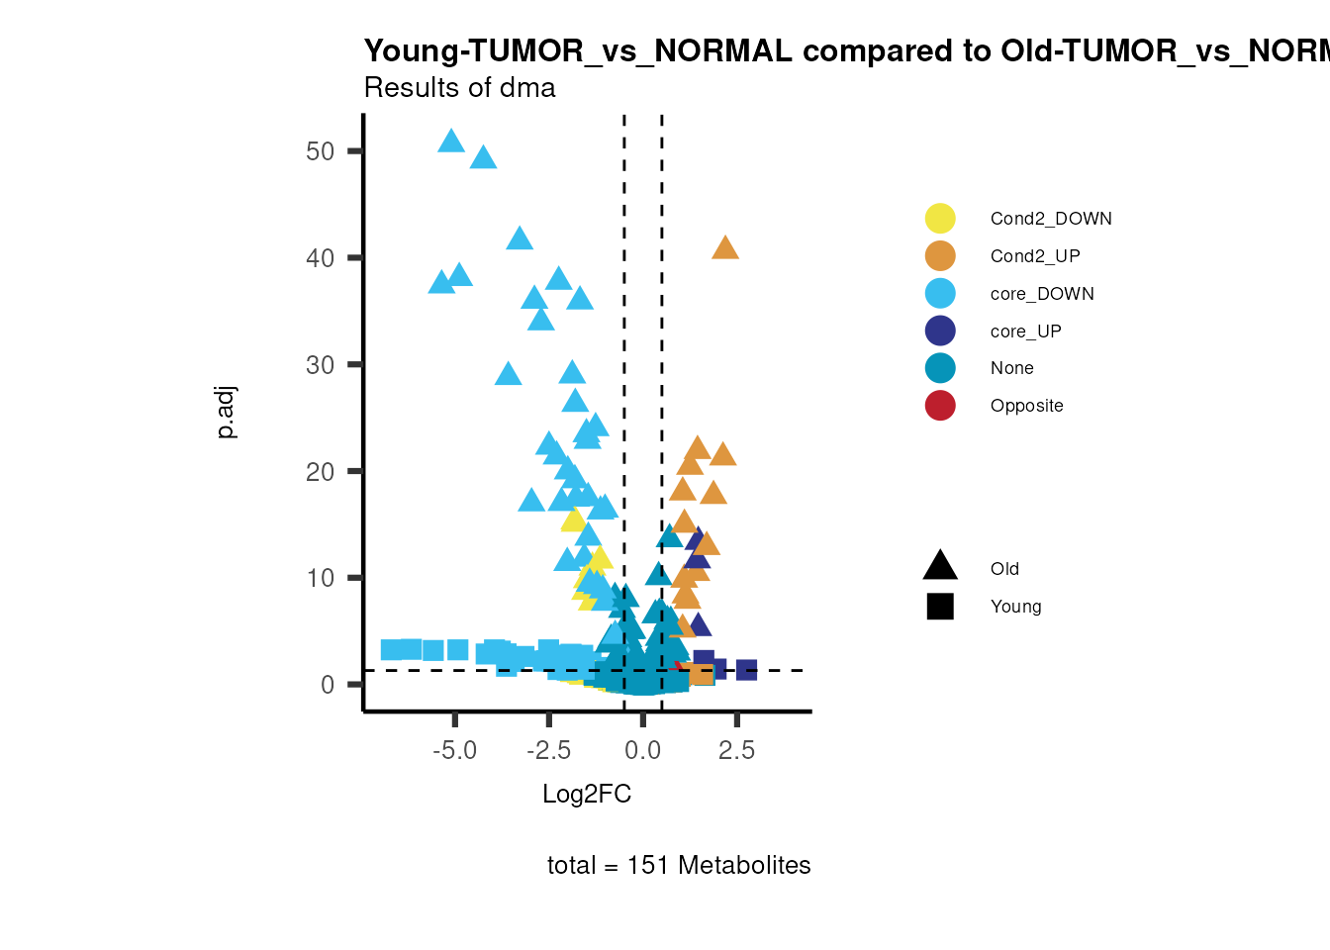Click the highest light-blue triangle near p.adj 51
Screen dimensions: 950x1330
pyautogui.click(x=451, y=142)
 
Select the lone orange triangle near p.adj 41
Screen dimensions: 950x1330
pyautogui.click(x=725, y=248)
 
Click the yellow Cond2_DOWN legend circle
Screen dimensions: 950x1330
pyautogui.click(x=940, y=219)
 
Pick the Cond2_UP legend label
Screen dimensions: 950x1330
pyautogui.click(x=1035, y=256)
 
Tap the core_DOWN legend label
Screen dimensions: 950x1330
pyautogui.click(x=1042, y=294)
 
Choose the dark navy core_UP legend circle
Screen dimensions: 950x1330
pyautogui.click(x=940, y=331)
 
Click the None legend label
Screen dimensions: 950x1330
pyautogui.click(x=1011, y=368)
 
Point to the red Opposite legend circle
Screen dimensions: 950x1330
pyautogui.click(x=940, y=406)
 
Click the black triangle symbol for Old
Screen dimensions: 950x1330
pyautogui.click(x=940, y=567)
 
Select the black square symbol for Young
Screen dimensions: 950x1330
pyautogui.click(x=940, y=607)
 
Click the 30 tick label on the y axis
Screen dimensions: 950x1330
pyautogui.click(x=321, y=365)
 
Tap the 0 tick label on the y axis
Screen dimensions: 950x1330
pyautogui.click(x=328, y=685)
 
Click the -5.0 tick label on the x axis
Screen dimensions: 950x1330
pyautogui.click(x=454, y=751)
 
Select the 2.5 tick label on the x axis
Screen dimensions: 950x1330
pyautogui.click(x=736, y=751)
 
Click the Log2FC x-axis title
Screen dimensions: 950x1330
pyautogui.click(x=587, y=794)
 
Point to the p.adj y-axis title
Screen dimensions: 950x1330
pyautogui.click(x=227, y=413)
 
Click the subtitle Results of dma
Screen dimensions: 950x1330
pyautogui.click(x=459, y=88)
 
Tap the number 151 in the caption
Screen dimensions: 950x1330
pyautogui.click(x=648, y=866)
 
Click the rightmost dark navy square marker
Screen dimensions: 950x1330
pyautogui.click(x=746, y=670)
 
